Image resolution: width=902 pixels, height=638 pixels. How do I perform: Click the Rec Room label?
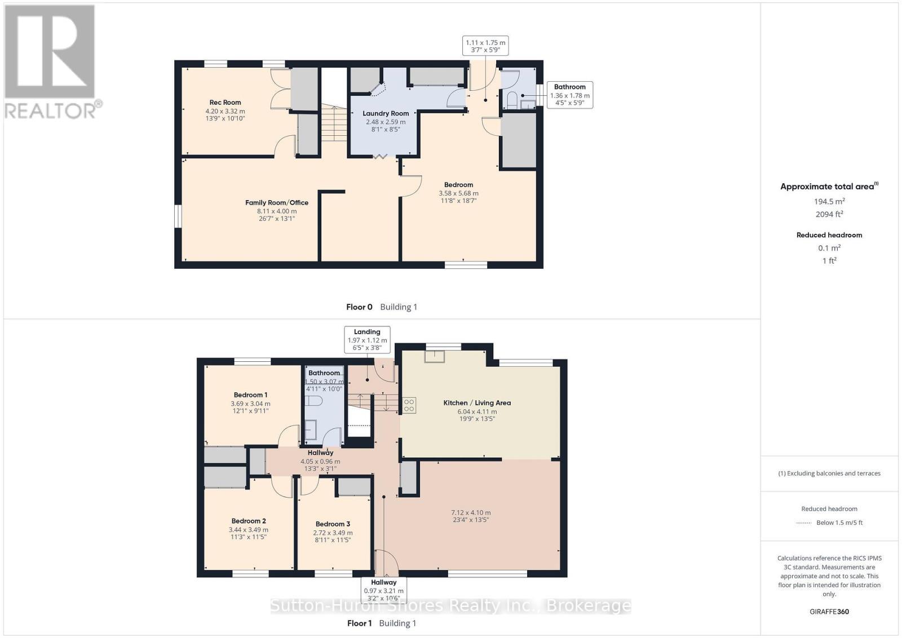click(x=225, y=103)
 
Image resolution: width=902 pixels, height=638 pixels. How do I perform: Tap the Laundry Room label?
click(x=386, y=113)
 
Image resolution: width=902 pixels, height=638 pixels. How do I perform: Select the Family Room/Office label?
click(x=277, y=202)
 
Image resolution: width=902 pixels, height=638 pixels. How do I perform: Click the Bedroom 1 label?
click(x=250, y=395)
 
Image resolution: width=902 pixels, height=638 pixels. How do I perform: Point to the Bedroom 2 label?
click(x=249, y=521)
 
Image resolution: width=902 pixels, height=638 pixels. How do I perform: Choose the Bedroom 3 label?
click(x=333, y=524)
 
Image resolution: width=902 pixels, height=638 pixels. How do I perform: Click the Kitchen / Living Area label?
click(x=477, y=403)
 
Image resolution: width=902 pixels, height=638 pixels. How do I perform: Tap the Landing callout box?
click(x=367, y=340)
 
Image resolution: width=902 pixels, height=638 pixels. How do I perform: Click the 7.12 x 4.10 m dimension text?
click(x=471, y=512)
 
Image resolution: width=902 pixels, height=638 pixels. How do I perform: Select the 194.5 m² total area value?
click(x=829, y=201)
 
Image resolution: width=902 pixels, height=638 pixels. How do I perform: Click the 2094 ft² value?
click(x=829, y=214)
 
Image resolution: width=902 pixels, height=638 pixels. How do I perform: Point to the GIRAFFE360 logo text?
click(x=829, y=612)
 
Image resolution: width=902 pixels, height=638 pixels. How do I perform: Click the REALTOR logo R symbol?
click(x=50, y=51)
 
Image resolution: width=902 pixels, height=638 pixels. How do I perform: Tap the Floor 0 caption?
click(x=359, y=307)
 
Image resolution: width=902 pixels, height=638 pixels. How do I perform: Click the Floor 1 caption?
click(x=360, y=623)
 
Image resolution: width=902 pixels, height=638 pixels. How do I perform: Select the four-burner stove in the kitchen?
click(x=409, y=405)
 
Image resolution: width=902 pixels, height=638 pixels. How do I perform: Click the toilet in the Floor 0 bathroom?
click(x=512, y=100)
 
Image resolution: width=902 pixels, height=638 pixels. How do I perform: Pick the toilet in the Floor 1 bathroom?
click(x=313, y=401)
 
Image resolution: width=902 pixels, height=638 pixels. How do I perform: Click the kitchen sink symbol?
click(x=435, y=356)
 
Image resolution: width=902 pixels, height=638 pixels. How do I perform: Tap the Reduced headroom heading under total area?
click(x=829, y=235)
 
